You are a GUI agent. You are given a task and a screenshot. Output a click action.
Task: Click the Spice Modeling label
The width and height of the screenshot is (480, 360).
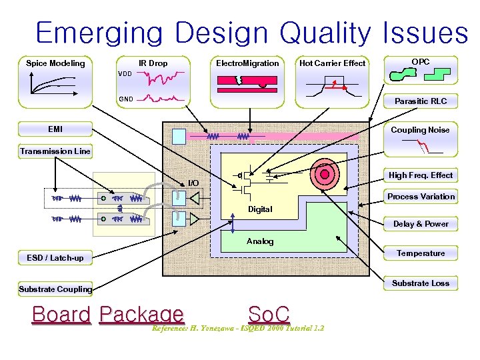[x=55, y=63]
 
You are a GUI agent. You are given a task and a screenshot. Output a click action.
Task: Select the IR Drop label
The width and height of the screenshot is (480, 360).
[x=153, y=63]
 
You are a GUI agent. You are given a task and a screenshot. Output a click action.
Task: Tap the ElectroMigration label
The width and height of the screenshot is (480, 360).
[x=247, y=63]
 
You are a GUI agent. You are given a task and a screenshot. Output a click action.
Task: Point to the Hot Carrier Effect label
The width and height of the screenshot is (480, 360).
[x=332, y=63]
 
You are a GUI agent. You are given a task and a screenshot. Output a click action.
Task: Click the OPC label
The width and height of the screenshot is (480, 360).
[x=420, y=62]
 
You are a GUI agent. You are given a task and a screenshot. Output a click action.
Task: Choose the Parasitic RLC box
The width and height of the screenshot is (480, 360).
[x=420, y=101]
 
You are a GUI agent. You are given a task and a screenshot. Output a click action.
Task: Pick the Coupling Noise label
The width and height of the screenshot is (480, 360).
[x=420, y=130]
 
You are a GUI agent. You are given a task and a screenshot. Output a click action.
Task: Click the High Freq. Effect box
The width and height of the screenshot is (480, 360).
[x=421, y=175]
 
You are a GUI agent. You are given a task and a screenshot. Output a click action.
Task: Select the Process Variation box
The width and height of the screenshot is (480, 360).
[x=421, y=197]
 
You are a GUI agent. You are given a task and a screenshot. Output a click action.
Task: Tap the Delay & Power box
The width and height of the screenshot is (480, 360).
[x=421, y=224]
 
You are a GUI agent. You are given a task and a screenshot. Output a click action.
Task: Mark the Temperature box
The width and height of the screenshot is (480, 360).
[x=421, y=253]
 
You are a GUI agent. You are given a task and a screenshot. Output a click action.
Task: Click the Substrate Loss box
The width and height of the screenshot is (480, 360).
[x=421, y=283]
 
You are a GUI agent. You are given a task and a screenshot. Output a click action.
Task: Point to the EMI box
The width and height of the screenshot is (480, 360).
[x=55, y=129]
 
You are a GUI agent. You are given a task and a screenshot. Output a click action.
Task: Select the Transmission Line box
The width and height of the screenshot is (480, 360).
[x=55, y=151]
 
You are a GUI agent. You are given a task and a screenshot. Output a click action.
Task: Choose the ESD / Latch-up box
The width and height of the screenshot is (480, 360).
[x=55, y=258]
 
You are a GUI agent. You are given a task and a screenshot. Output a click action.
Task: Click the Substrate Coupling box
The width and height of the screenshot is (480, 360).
[x=55, y=289]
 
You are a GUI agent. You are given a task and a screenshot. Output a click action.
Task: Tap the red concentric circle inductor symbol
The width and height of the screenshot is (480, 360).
[x=325, y=174]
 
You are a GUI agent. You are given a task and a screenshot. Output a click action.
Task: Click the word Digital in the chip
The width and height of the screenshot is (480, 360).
[x=260, y=209]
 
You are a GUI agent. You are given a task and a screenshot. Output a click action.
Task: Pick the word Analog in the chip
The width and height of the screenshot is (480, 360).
[x=260, y=241]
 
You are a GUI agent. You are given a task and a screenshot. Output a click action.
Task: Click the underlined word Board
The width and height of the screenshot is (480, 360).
[x=61, y=314]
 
